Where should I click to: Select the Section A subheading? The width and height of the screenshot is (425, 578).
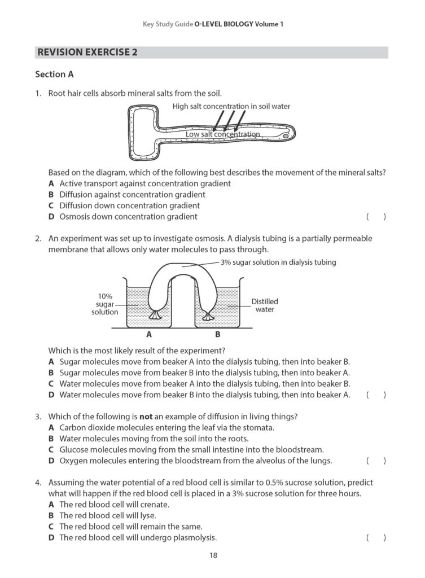click(x=54, y=74)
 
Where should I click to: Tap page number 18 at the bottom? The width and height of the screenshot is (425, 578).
click(x=213, y=555)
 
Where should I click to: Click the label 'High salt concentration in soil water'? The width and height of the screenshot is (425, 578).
click(x=231, y=106)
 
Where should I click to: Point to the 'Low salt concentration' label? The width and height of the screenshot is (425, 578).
click(x=222, y=134)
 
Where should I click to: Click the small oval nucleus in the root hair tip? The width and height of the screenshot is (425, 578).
click(x=286, y=136)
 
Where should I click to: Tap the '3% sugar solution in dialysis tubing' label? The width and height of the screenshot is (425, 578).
click(x=278, y=262)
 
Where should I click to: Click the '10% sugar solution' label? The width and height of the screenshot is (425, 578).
click(x=104, y=304)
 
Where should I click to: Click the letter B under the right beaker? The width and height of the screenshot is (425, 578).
click(x=217, y=334)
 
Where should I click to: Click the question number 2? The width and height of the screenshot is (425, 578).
click(x=38, y=239)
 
